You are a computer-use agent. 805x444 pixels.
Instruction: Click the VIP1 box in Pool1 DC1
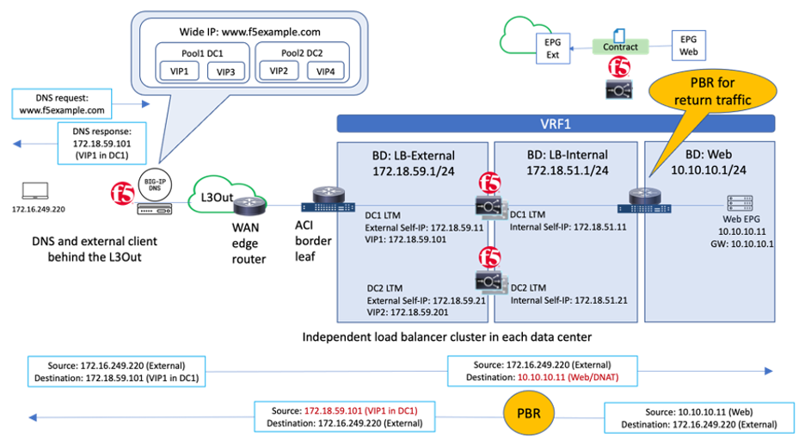pos(181,71)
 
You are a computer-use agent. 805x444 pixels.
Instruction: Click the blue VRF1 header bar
pos(556,123)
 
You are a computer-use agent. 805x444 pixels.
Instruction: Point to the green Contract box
pos(619,47)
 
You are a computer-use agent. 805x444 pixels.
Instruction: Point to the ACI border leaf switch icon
pos(327,203)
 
